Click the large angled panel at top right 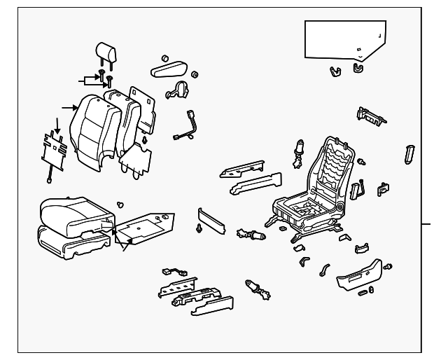344,40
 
